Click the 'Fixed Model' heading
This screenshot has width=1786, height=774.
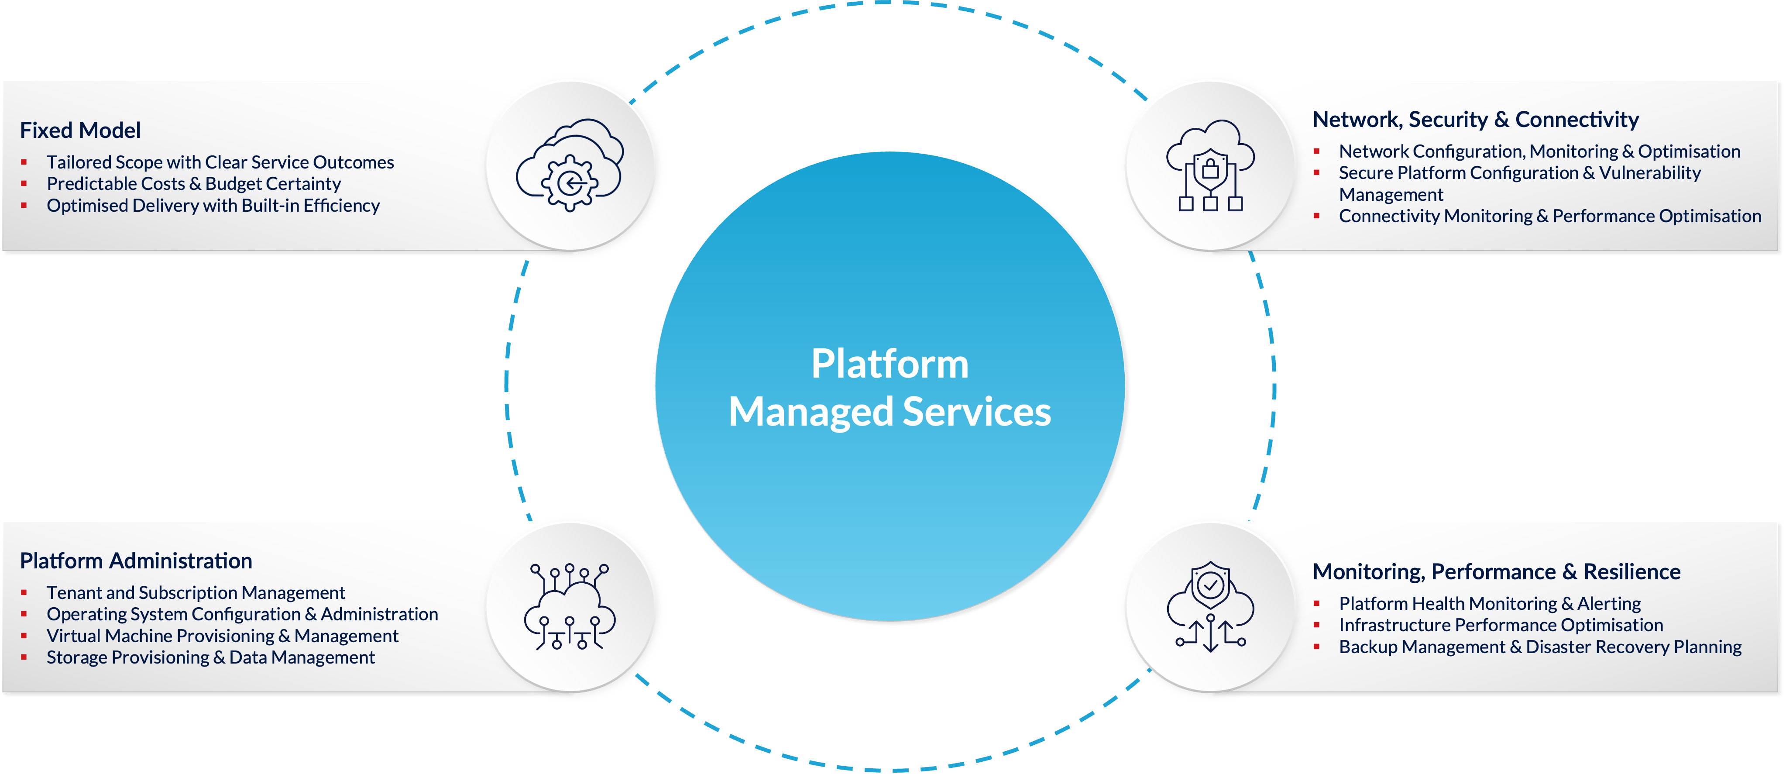[x=80, y=131]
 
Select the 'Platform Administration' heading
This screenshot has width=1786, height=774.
[x=136, y=561]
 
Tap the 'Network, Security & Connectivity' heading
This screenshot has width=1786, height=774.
[x=1475, y=120]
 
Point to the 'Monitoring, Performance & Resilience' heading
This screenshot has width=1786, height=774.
[x=1496, y=572]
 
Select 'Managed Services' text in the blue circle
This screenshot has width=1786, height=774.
[x=890, y=412]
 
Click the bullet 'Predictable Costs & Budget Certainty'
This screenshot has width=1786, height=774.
[x=193, y=184]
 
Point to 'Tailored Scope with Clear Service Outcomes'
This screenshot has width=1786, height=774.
[x=220, y=162]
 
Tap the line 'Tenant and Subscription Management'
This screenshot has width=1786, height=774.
[x=196, y=593]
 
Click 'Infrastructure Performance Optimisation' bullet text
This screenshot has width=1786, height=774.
[x=1501, y=626]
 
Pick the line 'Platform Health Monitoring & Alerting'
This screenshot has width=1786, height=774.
[x=1489, y=604]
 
